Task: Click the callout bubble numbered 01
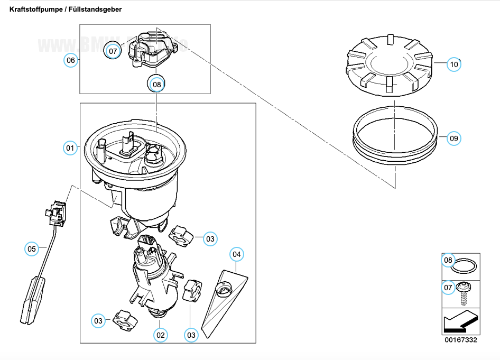70,148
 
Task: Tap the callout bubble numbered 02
160,335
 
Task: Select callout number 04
237,254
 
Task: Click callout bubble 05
32,248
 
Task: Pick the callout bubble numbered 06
71,60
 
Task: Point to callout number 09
453,139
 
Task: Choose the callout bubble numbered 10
453,64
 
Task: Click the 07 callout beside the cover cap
112,51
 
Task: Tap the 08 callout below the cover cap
156,84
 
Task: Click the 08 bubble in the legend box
448,260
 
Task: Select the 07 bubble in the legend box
448,288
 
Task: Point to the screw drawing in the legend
466,292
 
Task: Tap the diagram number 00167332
461,340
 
